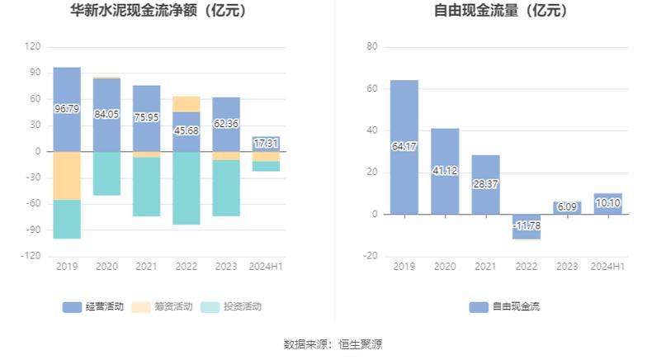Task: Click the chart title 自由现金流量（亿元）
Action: [500, 12]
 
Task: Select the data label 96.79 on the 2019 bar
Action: [67, 108]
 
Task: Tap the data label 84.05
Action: [106, 114]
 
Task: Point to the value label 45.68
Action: [187, 130]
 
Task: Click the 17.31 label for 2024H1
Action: [266, 143]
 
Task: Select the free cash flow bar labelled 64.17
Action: [404, 147]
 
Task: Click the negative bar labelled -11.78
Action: [526, 225]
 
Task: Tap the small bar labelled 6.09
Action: [566, 208]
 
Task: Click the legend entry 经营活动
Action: [93, 306]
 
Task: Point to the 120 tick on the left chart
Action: [33, 47]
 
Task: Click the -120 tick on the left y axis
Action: [31, 256]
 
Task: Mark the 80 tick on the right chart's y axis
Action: [371, 47]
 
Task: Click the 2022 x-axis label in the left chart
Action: [187, 267]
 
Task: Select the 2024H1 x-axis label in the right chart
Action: [607, 267]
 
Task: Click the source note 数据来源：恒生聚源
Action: [333, 344]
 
